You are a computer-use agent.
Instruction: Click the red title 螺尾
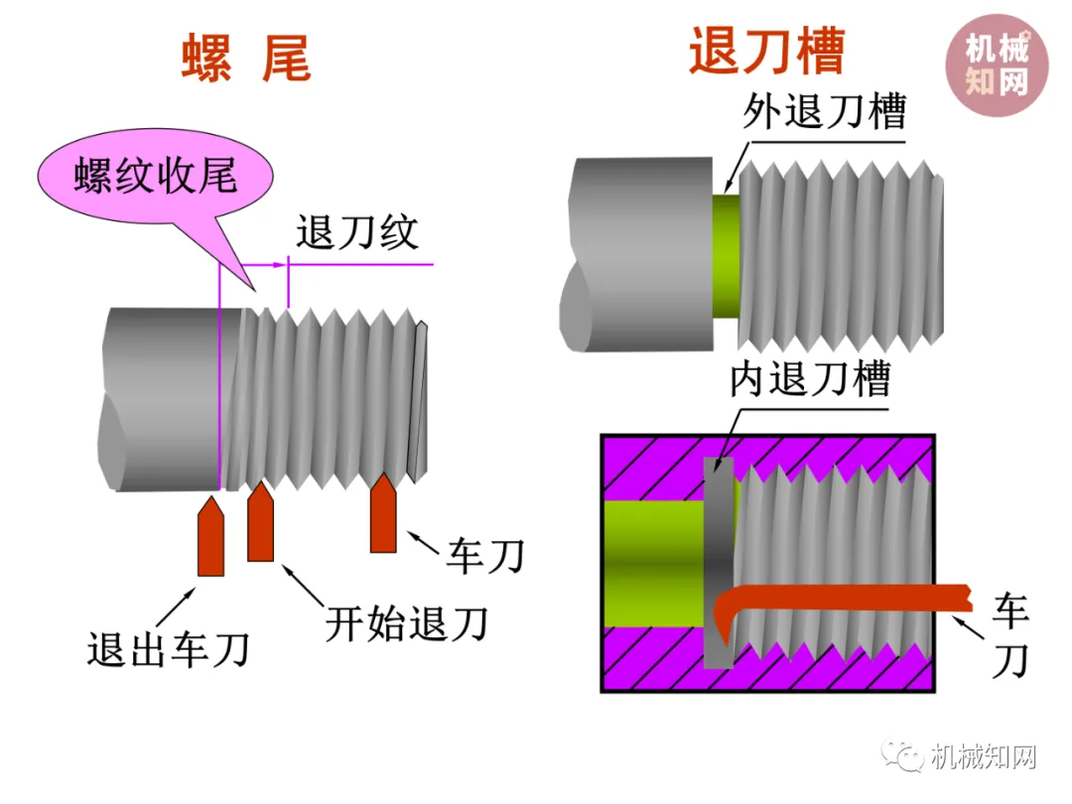[x=246, y=58]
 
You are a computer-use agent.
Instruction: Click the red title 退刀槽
[x=766, y=52]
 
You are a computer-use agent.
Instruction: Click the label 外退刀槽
[x=824, y=112]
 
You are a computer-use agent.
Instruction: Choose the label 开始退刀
[x=407, y=623]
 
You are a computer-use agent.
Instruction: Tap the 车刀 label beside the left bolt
[x=483, y=555]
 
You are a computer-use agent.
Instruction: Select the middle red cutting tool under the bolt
[x=260, y=522]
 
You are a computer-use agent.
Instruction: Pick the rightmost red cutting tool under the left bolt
[x=384, y=514]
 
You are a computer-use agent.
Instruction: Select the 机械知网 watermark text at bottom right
[x=984, y=758]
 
